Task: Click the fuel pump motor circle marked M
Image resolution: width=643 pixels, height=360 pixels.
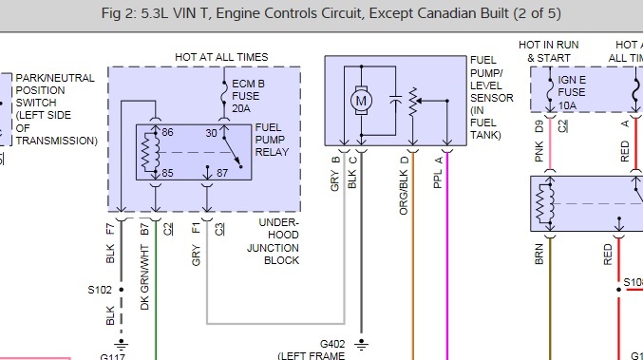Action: point(360,98)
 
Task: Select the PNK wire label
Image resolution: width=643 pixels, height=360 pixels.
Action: point(539,152)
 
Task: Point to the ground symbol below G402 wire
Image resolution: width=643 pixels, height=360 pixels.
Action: point(363,343)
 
